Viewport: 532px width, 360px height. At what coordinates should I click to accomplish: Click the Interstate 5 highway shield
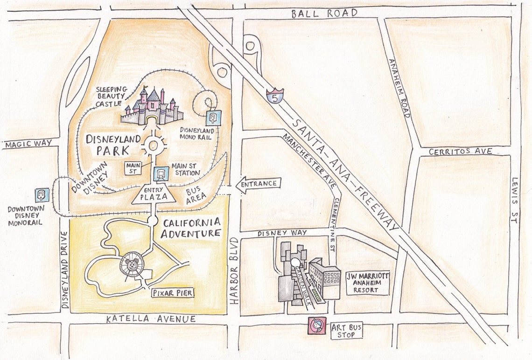(x=275, y=96)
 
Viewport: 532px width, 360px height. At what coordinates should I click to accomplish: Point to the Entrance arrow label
(x=259, y=184)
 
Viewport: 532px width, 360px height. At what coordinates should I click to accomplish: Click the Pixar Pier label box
(x=172, y=293)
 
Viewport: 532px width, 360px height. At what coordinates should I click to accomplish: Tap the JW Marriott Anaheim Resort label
(x=368, y=283)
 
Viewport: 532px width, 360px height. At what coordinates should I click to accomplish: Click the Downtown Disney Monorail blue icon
(x=42, y=195)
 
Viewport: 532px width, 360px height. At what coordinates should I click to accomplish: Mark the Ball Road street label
(x=324, y=13)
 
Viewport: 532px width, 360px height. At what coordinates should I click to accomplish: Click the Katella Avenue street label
(x=144, y=319)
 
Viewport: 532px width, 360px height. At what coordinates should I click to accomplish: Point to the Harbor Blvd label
(x=234, y=270)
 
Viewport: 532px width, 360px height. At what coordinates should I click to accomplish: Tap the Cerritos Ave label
(x=460, y=151)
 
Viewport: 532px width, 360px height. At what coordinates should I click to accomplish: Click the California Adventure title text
(x=191, y=228)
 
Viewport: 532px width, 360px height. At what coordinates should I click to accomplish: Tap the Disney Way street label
(x=282, y=232)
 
